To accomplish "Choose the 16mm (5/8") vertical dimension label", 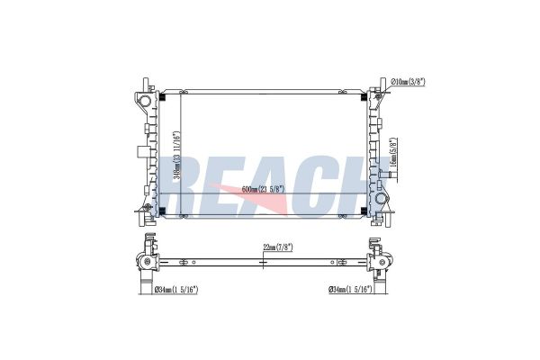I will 393,154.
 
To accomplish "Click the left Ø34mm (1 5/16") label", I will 175,289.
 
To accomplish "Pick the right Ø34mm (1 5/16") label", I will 351,289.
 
